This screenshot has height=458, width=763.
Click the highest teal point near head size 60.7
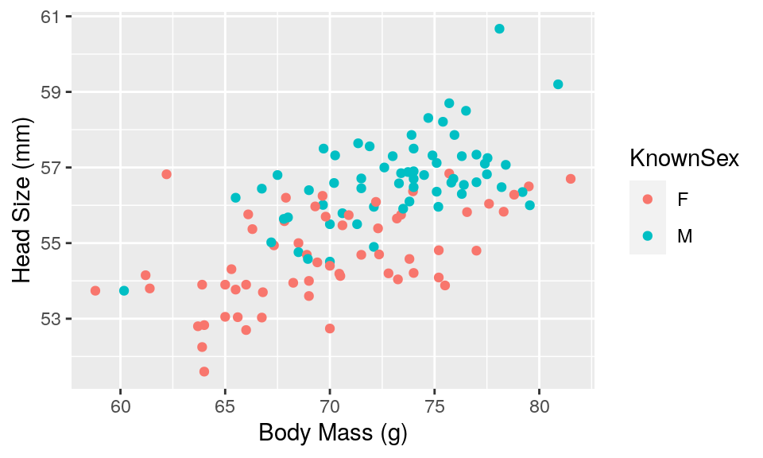point(499,29)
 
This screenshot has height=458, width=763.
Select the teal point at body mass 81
point(558,84)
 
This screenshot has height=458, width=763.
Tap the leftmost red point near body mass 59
point(95,291)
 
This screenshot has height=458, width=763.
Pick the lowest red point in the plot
point(204,371)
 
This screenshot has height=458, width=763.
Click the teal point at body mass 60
point(124,291)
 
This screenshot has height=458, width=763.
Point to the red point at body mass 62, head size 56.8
point(166,174)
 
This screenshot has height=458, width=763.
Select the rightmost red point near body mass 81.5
point(571,179)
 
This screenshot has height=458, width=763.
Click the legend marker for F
point(647,200)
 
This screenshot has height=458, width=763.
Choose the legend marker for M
point(647,236)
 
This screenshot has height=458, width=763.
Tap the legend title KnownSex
point(684,159)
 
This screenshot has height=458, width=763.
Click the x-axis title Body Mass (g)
point(333,434)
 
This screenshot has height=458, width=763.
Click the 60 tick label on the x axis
point(120,408)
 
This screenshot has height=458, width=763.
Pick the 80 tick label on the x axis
point(540,408)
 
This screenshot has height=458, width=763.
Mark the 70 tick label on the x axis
point(330,408)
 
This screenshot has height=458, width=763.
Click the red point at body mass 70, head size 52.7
point(330,328)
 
